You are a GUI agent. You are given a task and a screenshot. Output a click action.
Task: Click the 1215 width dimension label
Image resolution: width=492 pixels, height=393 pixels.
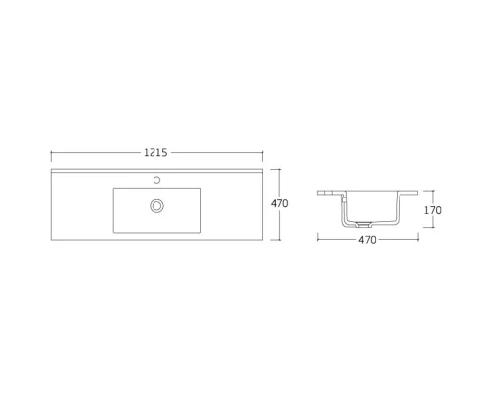pyautogui.click(x=156, y=153)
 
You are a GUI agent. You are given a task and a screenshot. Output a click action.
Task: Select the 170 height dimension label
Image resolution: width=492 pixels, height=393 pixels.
pyautogui.click(x=432, y=210)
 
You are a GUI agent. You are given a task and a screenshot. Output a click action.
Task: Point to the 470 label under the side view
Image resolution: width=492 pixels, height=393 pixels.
pyautogui.click(x=367, y=239)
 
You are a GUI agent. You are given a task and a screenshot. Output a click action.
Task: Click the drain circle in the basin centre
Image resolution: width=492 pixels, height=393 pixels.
pyautogui.click(x=156, y=205)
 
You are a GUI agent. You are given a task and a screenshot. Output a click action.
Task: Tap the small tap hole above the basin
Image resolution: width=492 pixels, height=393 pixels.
pyautogui.click(x=156, y=181)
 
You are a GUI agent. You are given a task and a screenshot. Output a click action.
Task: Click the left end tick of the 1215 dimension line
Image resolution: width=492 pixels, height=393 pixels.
pyautogui.click(x=51, y=153)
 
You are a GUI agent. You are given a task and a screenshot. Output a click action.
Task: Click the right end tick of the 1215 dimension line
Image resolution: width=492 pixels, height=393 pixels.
pyautogui.click(x=263, y=153)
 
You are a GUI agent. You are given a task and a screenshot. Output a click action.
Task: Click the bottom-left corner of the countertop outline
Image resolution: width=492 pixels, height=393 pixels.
pyautogui.click(x=51, y=239)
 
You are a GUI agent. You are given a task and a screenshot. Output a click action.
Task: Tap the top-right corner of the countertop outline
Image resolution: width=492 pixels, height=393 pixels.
pyautogui.click(x=263, y=169)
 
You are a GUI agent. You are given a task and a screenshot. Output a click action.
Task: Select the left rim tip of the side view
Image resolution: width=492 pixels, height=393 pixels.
pyautogui.click(x=319, y=194)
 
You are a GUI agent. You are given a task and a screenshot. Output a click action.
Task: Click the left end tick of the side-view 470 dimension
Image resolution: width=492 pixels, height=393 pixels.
pyautogui.click(x=318, y=239)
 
